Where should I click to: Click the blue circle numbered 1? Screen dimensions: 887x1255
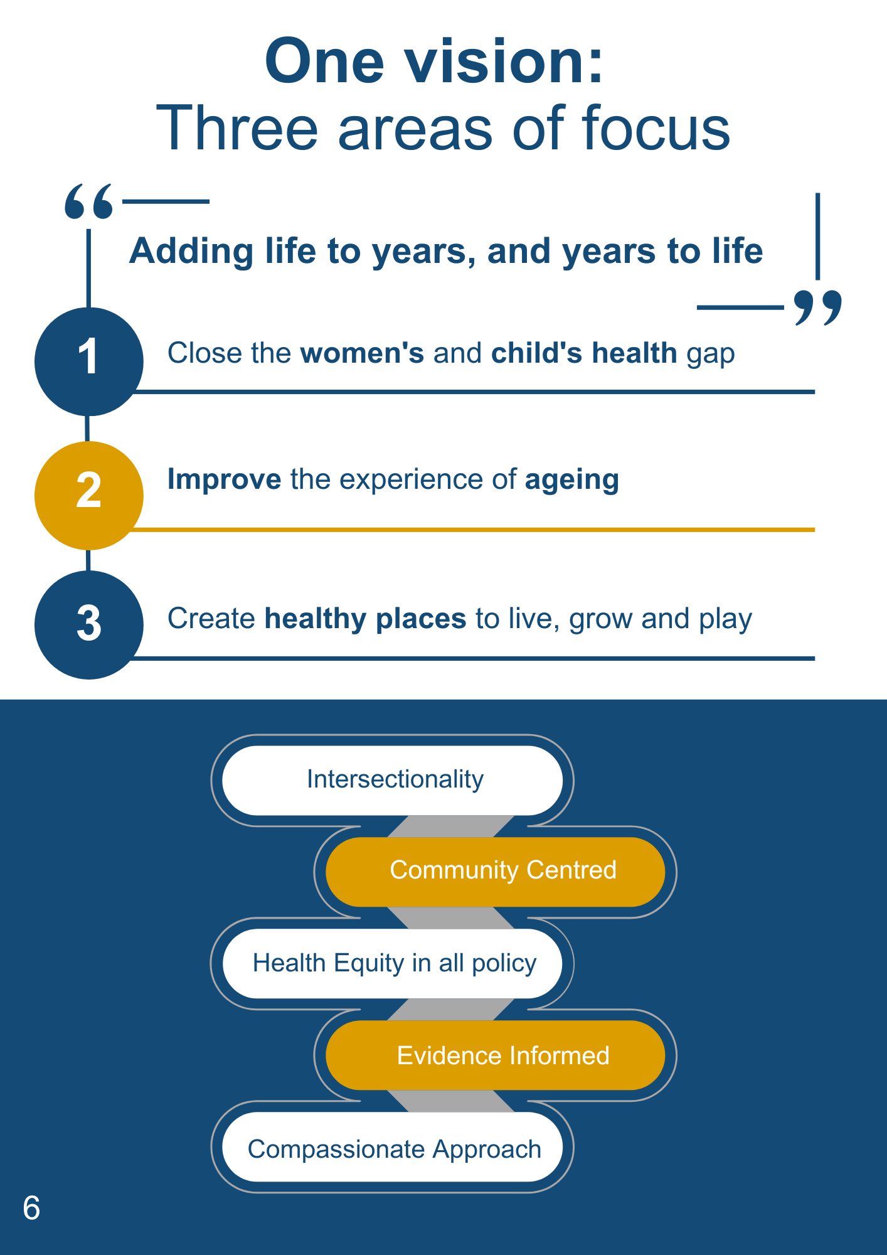88,361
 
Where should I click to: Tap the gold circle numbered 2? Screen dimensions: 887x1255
88,496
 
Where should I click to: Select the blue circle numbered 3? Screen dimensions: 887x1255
88,625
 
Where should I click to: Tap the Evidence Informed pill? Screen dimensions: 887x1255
496,1055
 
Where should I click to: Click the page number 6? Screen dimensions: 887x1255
31,1208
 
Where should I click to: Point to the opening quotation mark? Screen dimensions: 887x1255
89,201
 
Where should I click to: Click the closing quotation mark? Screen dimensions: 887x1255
818,308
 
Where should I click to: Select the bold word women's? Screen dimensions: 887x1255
363,353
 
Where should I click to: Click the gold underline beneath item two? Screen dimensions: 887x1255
473,530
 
